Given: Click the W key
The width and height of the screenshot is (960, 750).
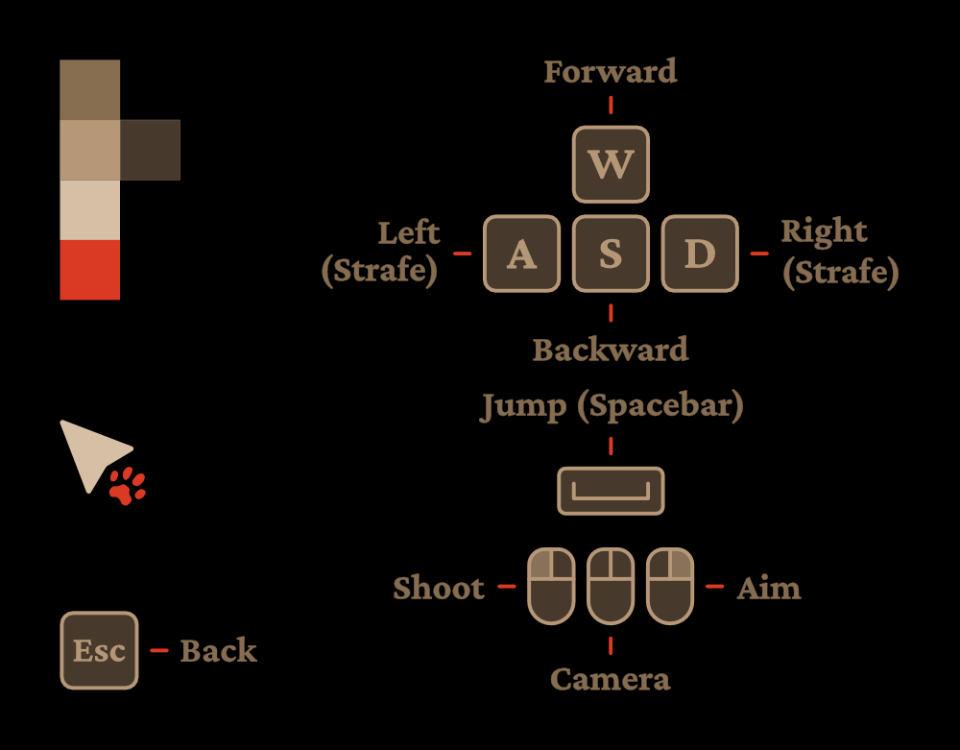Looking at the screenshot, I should pyautogui.click(x=611, y=164).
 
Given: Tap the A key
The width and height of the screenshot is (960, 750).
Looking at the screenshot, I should pyautogui.click(x=521, y=254).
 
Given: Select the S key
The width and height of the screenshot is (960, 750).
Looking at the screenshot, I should pyautogui.click(x=611, y=254).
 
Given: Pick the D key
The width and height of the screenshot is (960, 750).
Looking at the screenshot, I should pyautogui.click(x=700, y=254).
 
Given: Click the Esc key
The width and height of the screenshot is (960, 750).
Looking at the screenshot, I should pyautogui.click(x=100, y=650).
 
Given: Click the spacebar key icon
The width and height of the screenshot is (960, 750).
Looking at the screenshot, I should pyautogui.click(x=611, y=491).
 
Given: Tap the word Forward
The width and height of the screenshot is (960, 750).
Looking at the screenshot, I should pyautogui.click(x=611, y=72).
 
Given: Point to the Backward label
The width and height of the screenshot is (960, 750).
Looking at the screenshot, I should pyautogui.click(x=611, y=350).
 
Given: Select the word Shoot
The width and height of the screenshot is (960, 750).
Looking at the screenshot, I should pyautogui.click(x=439, y=588).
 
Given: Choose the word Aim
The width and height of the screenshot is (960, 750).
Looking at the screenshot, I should pyautogui.click(x=769, y=588).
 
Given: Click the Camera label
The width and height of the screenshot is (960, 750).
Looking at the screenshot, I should pyautogui.click(x=611, y=680).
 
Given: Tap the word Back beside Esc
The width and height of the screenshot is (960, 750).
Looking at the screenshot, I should pyautogui.click(x=219, y=651).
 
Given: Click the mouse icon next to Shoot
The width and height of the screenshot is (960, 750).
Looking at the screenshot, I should pyautogui.click(x=551, y=586).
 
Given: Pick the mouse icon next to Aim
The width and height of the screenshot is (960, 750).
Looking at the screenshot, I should pyautogui.click(x=670, y=586).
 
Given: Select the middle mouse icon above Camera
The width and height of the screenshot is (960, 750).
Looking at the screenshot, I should pyautogui.click(x=611, y=586).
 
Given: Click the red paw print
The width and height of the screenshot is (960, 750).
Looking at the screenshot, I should pyautogui.click(x=127, y=487).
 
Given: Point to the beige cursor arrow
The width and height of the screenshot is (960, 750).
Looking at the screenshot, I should pyautogui.click(x=89, y=451).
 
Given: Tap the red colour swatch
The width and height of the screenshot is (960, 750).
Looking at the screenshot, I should pyautogui.click(x=90, y=270).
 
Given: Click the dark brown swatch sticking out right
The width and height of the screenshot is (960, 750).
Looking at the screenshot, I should pyautogui.click(x=150, y=150).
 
